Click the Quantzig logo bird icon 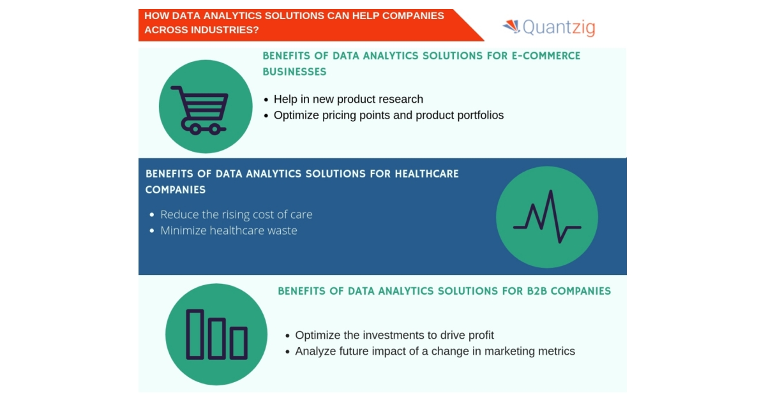511,26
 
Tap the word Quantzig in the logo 559,27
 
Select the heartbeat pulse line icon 547,218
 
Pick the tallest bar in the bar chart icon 195,334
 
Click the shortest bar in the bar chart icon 239,343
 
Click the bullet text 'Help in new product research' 348,99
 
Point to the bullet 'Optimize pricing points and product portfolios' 388,115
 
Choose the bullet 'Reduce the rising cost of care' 236,214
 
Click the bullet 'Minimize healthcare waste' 229,230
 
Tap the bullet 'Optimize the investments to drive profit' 394,335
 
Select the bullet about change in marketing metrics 435,351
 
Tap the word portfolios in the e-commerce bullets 479,115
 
